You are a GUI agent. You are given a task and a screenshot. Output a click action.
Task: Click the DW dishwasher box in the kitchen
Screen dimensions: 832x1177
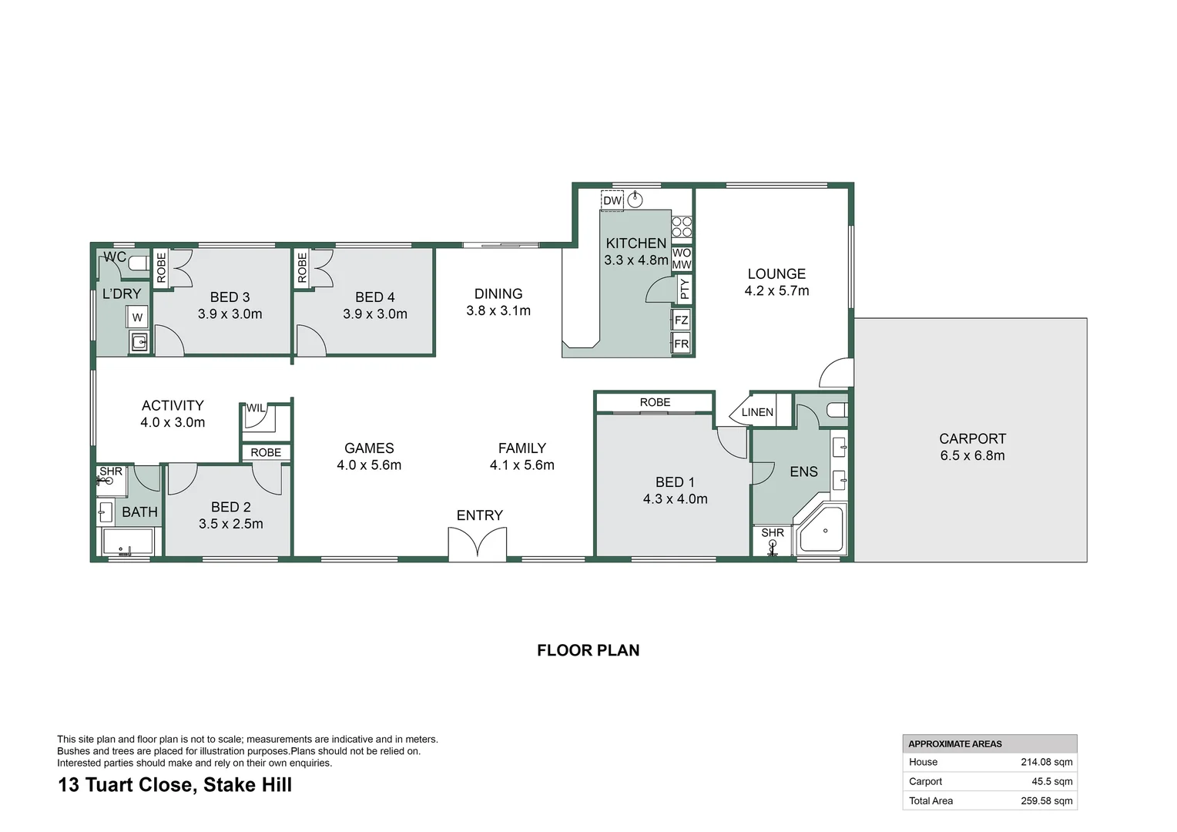(x=612, y=200)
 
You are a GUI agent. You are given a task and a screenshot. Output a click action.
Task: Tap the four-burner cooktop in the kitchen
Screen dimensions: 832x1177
(x=682, y=226)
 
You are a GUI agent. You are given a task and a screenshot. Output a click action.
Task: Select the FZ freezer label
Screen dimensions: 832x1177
(x=681, y=320)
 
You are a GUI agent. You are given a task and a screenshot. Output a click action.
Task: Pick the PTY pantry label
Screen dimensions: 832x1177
(x=684, y=289)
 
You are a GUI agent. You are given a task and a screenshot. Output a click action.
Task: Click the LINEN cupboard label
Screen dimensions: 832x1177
(x=757, y=412)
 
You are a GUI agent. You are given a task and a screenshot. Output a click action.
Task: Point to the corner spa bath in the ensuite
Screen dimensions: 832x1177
(x=823, y=530)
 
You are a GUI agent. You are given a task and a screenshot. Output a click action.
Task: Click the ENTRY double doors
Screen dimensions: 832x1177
(x=478, y=543)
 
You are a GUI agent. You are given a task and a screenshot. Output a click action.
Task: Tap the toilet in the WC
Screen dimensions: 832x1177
(x=138, y=263)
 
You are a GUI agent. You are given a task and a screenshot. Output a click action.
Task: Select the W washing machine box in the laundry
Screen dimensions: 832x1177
(x=137, y=317)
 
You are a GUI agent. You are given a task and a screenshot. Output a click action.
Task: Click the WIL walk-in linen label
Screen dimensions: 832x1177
(x=256, y=408)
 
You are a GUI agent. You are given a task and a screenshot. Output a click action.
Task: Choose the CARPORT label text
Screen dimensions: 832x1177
(x=972, y=438)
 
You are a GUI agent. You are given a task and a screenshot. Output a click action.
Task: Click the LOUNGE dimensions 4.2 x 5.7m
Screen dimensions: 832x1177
(x=776, y=290)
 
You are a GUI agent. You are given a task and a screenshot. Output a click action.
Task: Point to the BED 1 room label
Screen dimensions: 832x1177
(x=675, y=481)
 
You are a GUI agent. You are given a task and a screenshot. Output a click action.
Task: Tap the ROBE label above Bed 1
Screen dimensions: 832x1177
(x=655, y=402)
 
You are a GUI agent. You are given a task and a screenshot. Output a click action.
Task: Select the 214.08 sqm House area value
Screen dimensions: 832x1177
(x=1046, y=762)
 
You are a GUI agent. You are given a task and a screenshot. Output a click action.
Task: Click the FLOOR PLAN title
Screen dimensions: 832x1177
(x=588, y=650)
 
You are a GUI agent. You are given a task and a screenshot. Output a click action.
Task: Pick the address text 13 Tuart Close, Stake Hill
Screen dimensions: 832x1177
(x=175, y=785)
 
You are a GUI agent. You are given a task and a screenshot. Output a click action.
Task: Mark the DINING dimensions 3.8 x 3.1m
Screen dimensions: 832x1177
(x=498, y=310)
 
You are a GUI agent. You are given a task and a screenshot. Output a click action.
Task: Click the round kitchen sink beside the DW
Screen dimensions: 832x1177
(x=635, y=200)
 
